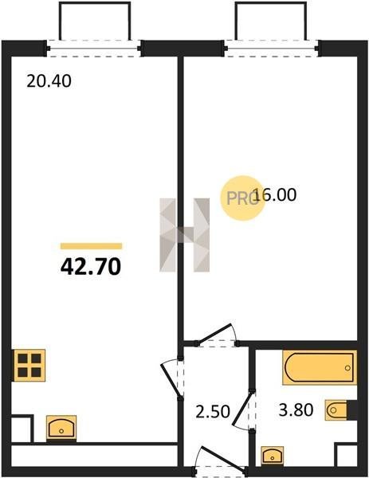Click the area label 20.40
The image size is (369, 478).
coord(49,81)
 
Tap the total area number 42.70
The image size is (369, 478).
coord(91,266)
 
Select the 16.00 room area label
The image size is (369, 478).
coord(274,195)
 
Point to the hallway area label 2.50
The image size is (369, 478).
coord(213,412)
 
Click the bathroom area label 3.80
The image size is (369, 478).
coord(296,410)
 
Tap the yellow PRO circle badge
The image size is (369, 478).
coord(242,198)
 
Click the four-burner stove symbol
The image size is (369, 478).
coord(29,365)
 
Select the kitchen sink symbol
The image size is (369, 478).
coord(61,427)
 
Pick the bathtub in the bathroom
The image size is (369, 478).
coord(320,367)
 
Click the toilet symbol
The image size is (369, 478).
coord(336,410)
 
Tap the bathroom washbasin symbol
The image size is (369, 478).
coord(273,456)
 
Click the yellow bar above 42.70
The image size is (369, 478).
coord(91,246)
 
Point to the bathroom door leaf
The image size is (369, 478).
coord(243,409)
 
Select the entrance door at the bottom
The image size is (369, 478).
coord(220,457)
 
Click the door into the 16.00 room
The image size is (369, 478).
coord(217,334)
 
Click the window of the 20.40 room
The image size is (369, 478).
coord(93,48)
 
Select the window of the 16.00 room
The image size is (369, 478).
coord(272,48)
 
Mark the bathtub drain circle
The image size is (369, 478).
coord(347,368)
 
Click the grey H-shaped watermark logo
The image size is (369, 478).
coord(185,235)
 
